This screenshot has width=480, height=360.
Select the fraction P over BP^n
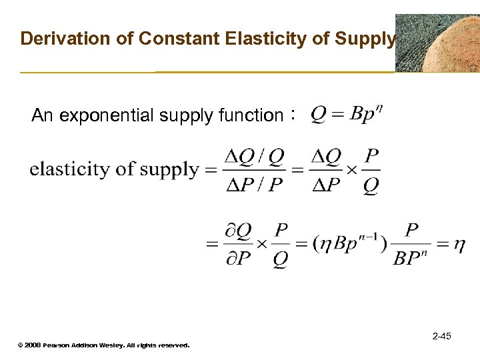click(x=411, y=245)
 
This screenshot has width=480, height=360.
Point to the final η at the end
click(x=459, y=245)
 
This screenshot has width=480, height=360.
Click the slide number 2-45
click(x=441, y=336)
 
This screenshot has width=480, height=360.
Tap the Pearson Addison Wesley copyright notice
click(x=103, y=345)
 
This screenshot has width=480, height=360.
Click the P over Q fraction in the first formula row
click(x=372, y=171)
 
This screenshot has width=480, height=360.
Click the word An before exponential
click(x=42, y=116)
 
